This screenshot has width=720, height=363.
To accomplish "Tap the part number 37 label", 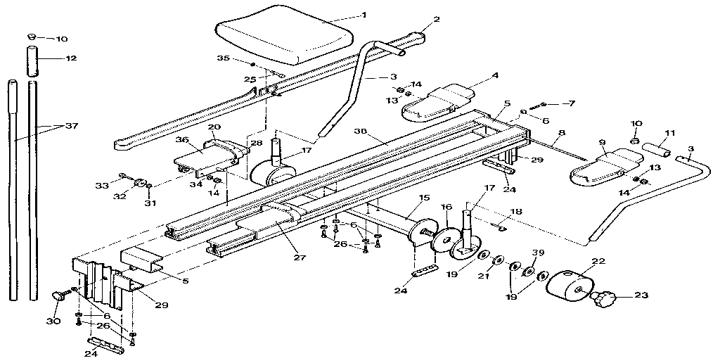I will pos(70,126).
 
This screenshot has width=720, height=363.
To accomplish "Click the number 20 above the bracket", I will pos(214,127).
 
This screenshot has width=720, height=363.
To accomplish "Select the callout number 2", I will pos(436,20).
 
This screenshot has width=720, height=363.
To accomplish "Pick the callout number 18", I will pos(517,211).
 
